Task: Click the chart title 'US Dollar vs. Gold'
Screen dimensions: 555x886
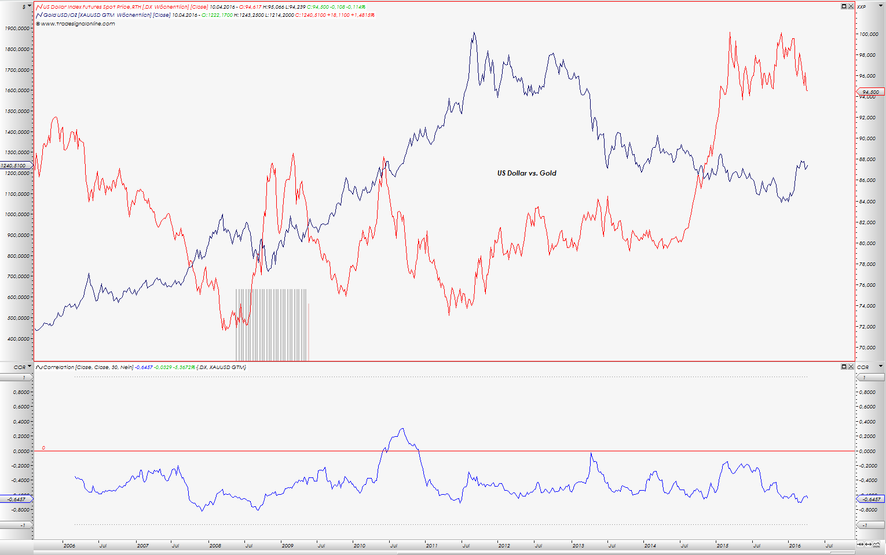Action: click(x=526, y=173)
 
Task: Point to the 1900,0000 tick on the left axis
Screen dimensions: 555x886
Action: click(x=17, y=28)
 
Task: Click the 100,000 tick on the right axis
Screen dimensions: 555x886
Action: click(x=869, y=35)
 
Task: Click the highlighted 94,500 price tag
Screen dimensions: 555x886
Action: click(x=870, y=92)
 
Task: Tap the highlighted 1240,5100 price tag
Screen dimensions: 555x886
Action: click(x=14, y=166)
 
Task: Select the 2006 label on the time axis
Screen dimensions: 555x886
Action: click(x=69, y=546)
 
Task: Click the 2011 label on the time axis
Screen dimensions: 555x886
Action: click(x=431, y=546)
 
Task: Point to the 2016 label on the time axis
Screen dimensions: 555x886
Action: click(x=795, y=546)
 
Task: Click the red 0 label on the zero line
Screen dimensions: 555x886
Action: click(x=43, y=448)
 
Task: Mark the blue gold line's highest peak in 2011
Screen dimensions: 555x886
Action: click(x=474, y=33)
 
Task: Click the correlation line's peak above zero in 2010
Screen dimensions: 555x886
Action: click(x=402, y=429)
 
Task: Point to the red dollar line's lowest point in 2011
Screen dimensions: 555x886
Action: click(x=449, y=314)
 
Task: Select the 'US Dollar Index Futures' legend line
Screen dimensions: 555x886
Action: click(x=116, y=7)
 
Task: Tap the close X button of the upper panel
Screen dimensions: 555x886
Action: click(x=851, y=6)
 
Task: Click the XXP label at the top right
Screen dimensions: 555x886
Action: click(x=862, y=7)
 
